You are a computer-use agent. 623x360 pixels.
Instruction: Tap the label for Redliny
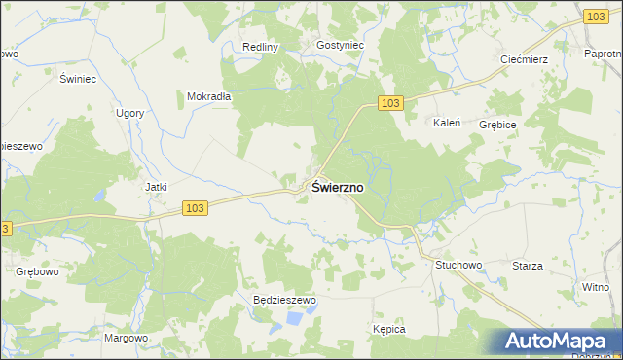(x=261, y=47)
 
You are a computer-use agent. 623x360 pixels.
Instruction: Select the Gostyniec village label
(x=340, y=45)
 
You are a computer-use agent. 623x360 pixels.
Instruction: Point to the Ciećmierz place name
(x=524, y=59)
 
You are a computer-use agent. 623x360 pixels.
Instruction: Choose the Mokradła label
(x=208, y=96)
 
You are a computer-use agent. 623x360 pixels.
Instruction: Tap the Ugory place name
(x=129, y=113)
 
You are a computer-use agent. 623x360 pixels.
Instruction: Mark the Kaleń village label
(x=446, y=124)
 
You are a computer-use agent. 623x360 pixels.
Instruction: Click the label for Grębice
(x=497, y=126)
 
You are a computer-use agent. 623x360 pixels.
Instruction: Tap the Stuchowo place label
(x=459, y=265)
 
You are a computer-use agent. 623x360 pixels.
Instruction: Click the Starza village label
(x=527, y=266)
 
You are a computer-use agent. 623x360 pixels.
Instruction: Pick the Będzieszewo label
(x=285, y=301)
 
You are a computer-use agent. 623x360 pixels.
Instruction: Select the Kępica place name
(x=388, y=330)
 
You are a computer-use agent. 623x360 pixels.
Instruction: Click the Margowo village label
(x=126, y=338)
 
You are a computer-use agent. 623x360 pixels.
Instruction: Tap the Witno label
(x=595, y=287)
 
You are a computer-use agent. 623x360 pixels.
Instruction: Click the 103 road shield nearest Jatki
(x=195, y=208)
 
